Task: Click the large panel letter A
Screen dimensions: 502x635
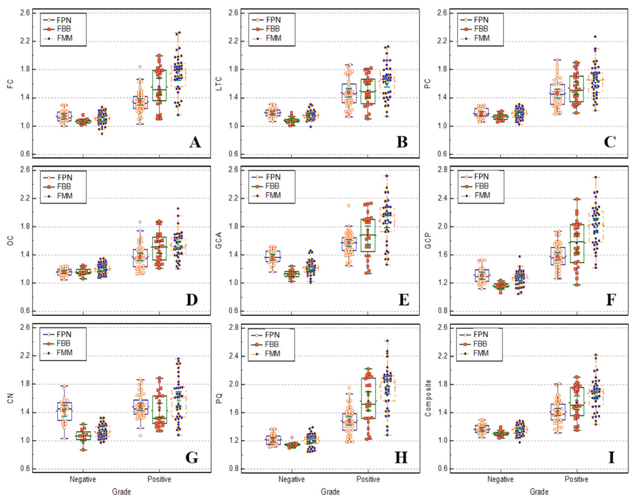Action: click(x=195, y=142)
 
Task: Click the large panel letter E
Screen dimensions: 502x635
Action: click(x=404, y=300)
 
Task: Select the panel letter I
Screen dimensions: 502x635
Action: click(x=611, y=457)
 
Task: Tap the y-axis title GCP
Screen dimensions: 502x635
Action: click(x=428, y=240)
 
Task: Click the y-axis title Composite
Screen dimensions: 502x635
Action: click(x=428, y=398)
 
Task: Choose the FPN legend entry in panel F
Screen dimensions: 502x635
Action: click(x=481, y=177)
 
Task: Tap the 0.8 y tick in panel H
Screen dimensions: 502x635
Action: click(x=234, y=469)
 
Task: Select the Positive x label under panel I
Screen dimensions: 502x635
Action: click(x=576, y=479)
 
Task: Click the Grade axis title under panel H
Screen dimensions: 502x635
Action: click(x=330, y=492)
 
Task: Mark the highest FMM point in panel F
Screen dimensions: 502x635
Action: click(x=596, y=177)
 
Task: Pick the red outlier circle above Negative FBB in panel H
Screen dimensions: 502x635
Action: click(x=292, y=438)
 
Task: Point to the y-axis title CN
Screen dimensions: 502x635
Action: click(x=10, y=399)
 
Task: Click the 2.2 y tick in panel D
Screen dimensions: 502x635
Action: click(x=25, y=198)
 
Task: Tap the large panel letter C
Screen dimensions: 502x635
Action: click(x=610, y=142)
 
